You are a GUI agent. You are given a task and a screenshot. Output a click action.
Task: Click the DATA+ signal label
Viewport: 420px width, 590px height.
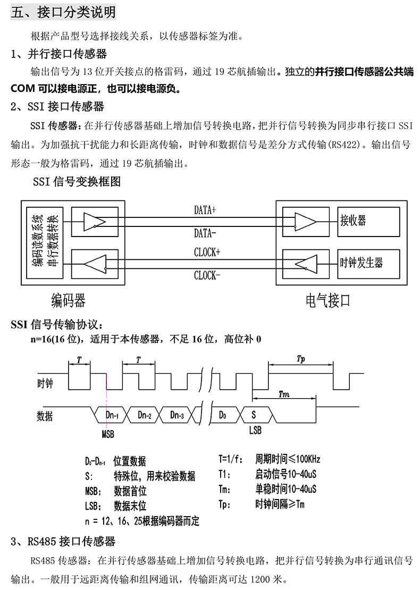pos(205,210)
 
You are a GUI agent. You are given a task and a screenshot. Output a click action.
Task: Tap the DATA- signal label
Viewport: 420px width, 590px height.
pos(205,233)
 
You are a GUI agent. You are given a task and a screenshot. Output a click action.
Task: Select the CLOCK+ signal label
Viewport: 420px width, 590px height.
pos(207,252)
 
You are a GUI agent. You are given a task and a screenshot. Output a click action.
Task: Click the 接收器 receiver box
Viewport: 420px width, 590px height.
pos(368,221)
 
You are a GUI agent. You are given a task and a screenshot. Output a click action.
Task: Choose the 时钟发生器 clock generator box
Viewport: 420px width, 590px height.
pos(368,263)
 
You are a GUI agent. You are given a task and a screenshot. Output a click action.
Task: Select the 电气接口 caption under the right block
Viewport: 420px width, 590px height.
pos(328,301)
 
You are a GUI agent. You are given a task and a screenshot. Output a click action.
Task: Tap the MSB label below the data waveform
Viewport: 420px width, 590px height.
pos(108,434)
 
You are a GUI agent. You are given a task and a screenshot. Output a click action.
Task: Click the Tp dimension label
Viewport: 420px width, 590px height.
pos(300,359)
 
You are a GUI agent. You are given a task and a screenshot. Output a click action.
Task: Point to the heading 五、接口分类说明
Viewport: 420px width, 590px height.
pos(63,12)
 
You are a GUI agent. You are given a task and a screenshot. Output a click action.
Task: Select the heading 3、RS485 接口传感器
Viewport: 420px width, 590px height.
pos(63,542)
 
